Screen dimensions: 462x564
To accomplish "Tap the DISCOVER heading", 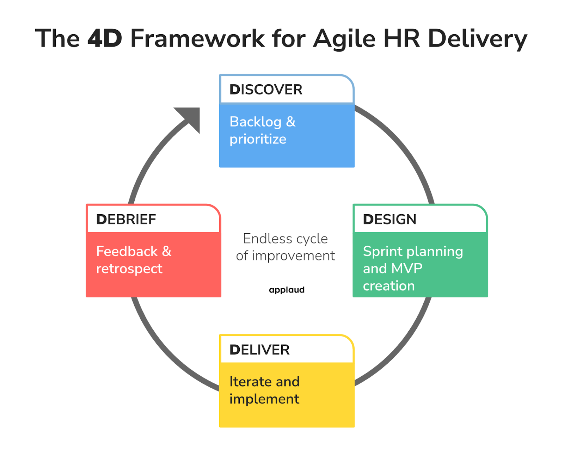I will pos(266,90).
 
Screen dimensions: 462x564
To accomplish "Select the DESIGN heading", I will pos(390,220).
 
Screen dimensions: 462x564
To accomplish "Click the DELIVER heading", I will pos(259,350).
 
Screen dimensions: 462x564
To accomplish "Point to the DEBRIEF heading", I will pos(126,220).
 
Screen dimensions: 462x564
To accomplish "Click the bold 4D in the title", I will pos(105,38).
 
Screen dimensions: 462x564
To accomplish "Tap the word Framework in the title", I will pos(197,38).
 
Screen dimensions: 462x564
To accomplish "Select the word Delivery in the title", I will pos(477,38).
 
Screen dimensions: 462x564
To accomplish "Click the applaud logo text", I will pos(287,290).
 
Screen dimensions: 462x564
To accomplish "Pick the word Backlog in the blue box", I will pos(256,122).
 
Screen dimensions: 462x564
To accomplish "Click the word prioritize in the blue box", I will pos(258,139).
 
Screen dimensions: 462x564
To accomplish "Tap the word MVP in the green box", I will pos(407,269).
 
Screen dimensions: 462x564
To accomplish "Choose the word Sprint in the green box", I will pos(383,252).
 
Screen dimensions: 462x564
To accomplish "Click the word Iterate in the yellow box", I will pos(250,382).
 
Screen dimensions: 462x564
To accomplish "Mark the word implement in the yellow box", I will pos(264,399).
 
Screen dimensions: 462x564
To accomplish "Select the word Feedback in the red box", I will pos(127,252).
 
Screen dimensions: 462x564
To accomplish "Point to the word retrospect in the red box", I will pos(129,269).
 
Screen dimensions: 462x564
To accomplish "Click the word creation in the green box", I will pos(389,286).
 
